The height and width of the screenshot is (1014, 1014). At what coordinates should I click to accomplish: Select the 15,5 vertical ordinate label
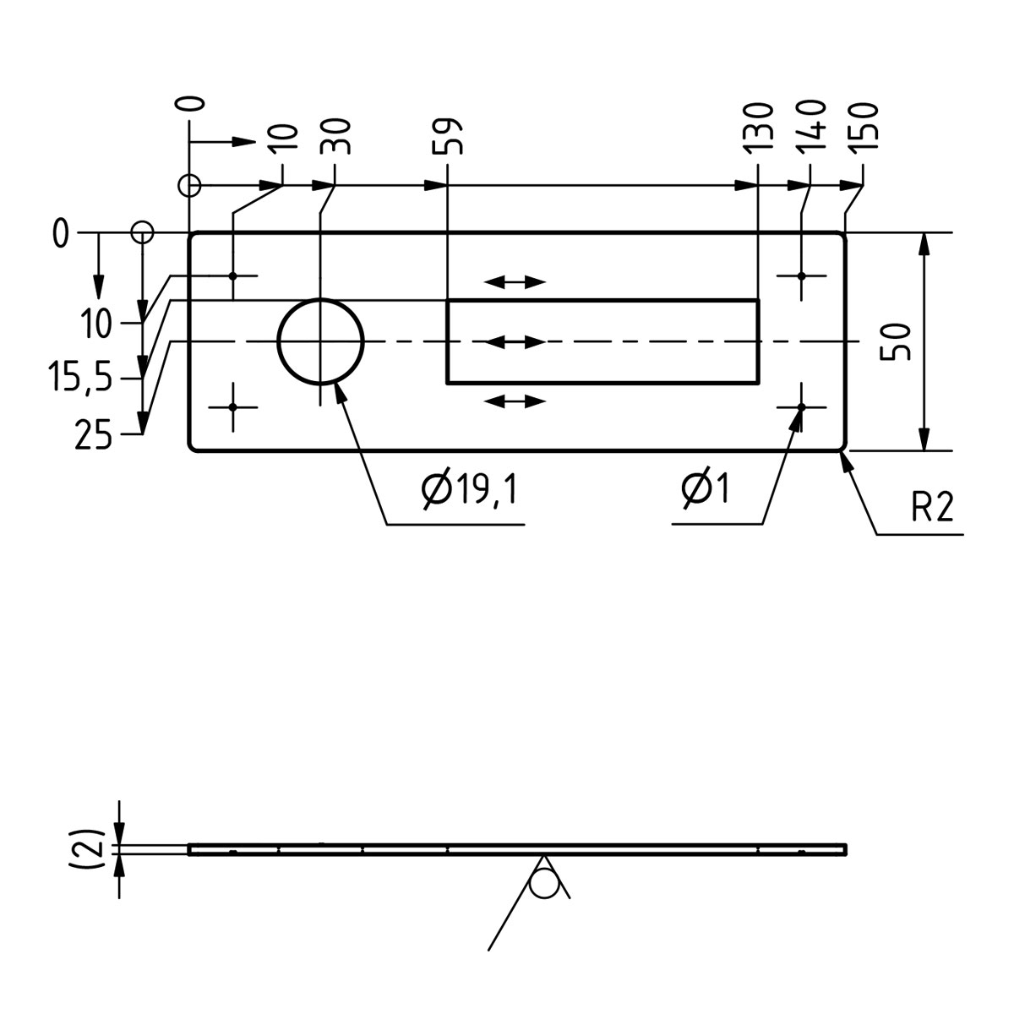79,380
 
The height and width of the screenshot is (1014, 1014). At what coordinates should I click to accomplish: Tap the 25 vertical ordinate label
93,436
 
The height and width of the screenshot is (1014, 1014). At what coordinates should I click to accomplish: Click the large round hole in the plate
320,341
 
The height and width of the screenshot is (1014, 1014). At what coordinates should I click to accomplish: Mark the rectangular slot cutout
602,341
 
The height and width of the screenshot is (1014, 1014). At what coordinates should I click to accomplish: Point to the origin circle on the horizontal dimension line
190,185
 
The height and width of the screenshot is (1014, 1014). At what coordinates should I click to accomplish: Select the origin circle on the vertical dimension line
142,232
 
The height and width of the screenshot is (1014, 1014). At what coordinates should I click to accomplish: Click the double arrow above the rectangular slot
515,282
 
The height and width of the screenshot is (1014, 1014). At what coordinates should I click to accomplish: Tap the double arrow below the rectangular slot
515,401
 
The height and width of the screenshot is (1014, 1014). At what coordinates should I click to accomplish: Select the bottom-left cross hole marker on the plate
232,407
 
